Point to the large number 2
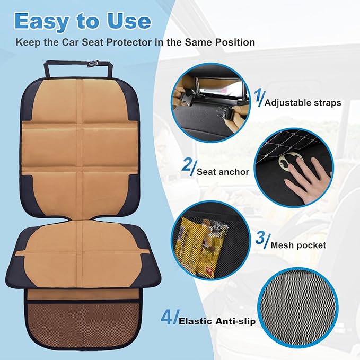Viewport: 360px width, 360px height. coord(187,166)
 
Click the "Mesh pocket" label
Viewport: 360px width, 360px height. coord(298,245)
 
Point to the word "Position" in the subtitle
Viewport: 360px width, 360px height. coord(234,41)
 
